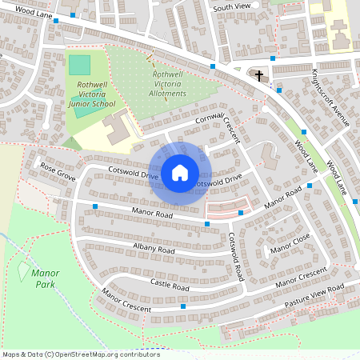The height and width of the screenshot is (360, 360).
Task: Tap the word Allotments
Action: pos(168,94)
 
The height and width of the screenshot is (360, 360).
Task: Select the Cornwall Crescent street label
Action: pos(218,123)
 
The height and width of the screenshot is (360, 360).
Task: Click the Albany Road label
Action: pos(154,250)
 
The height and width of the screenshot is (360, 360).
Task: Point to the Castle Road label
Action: pos(170,285)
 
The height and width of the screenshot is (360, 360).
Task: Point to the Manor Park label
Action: pos(45,278)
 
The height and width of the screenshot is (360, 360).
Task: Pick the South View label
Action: pos(232,7)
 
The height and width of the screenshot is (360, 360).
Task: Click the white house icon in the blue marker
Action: pos(180,172)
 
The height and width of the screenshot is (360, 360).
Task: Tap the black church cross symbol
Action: pos(258,76)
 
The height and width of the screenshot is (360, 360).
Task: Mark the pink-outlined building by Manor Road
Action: pos(226,210)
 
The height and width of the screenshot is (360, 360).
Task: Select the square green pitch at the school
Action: pos(79,66)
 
